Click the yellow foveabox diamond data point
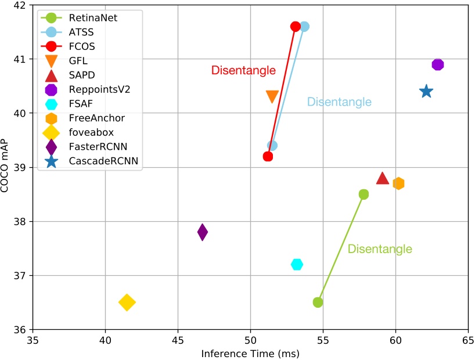127,302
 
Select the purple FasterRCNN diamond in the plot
202,232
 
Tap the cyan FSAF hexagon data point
297,264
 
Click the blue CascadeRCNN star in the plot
426,91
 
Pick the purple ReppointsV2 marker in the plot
438,64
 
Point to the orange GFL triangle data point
272,96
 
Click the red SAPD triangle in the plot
382,178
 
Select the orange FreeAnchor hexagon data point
398,183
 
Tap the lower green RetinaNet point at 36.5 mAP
318,302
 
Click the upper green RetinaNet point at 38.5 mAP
364,194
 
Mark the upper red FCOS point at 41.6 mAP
295,26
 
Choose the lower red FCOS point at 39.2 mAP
268,156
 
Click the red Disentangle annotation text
243,71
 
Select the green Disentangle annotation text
380,249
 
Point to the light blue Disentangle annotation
339,102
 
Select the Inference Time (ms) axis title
250,353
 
